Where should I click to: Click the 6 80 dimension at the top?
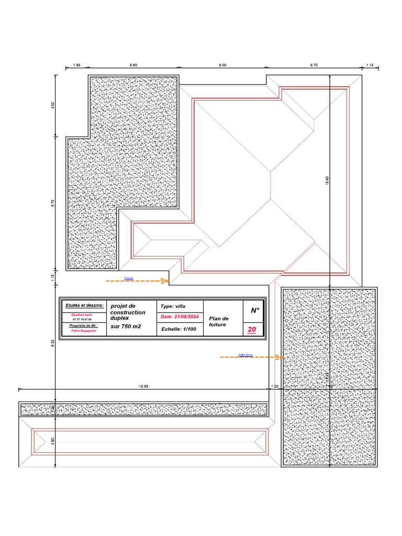(133, 65)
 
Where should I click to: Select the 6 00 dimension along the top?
(222, 65)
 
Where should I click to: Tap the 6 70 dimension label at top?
(314, 65)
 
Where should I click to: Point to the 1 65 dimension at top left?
(76, 65)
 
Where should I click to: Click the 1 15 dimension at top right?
(370, 65)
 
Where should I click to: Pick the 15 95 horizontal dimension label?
(144, 386)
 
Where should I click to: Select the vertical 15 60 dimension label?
(327, 180)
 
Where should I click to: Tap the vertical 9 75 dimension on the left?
(53, 203)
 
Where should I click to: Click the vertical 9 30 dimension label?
(53, 342)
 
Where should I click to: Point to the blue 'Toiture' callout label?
(128, 278)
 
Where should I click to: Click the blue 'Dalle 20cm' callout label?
(245, 354)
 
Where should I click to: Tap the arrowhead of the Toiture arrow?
(167, 281)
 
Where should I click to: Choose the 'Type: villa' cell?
(173, 306)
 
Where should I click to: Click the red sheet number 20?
(252, 330)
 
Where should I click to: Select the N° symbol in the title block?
(255, 310)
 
